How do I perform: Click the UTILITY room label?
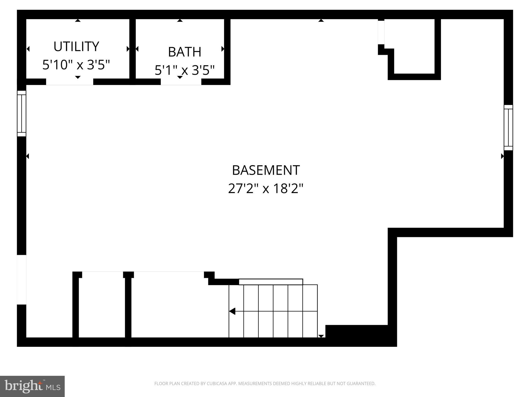pos(76,47)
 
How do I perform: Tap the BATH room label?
pos(185,52)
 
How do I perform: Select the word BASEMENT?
pos(266,170)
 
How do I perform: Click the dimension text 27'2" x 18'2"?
pos(266,189)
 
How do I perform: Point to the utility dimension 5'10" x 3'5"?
pos(76,65)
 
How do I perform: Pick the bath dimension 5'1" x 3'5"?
pos(185,70)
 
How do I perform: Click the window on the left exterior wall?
pos(21,113)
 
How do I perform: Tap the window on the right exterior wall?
pos(508,128)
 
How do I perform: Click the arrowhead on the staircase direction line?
pos(232,311)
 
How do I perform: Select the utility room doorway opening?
pos(70,82)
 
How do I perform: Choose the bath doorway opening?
pos(181,82)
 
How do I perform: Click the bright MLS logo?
pos(32,386)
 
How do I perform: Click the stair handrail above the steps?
pos(271,282)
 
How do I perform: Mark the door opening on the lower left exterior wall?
pos(21,280)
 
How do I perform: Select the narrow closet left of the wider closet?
pos(102,306)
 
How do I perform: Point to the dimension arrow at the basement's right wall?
pos(502,156)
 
